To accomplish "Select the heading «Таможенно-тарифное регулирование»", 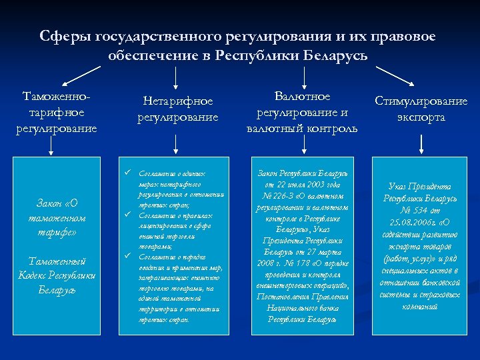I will pyautogui.click(x=57, y=112).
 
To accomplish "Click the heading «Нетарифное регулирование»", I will pyautogui.click(x=178, y=109).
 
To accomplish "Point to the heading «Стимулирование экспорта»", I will pyautogui.click(x=421, y=109).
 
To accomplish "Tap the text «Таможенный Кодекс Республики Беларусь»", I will pyautogui.click(x=57, y=275).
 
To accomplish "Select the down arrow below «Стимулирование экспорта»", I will pyautogui.click(x=421, y=143).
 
